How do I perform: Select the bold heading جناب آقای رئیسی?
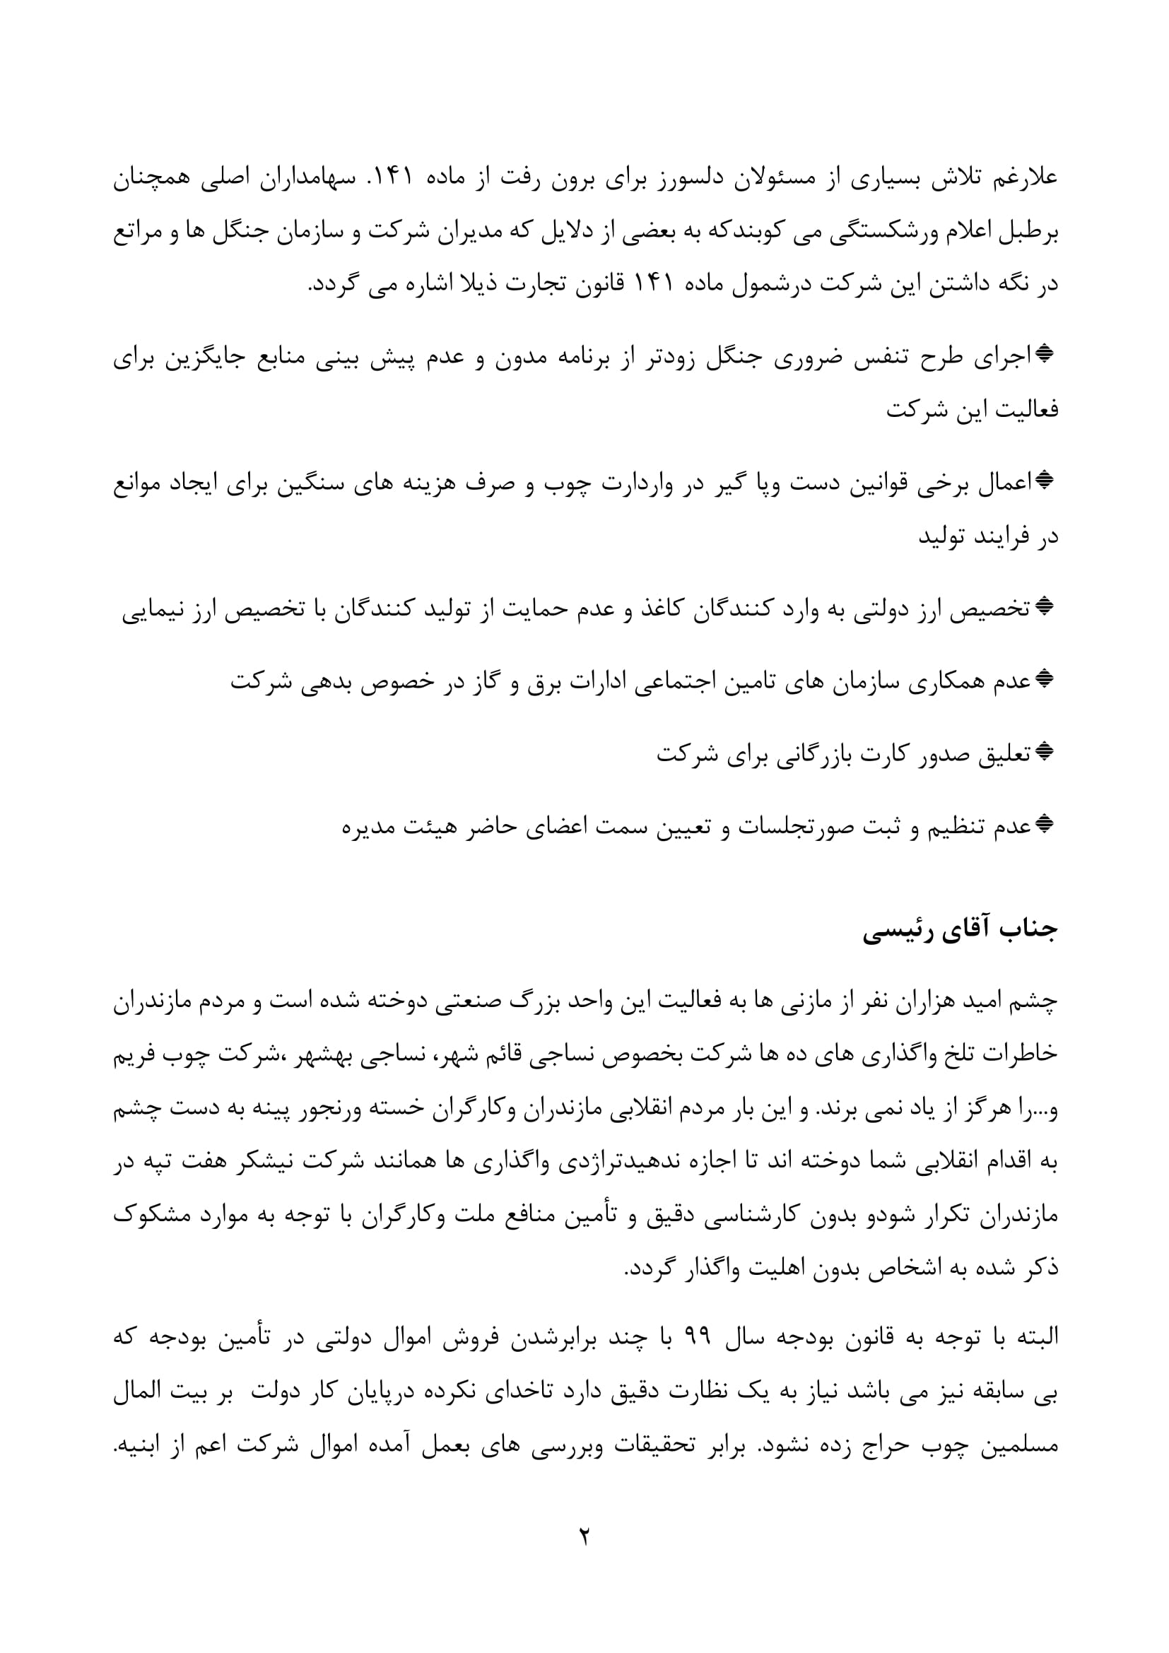click(x=961, y=930)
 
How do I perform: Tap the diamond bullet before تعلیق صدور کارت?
click(x=1045, y=753)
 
